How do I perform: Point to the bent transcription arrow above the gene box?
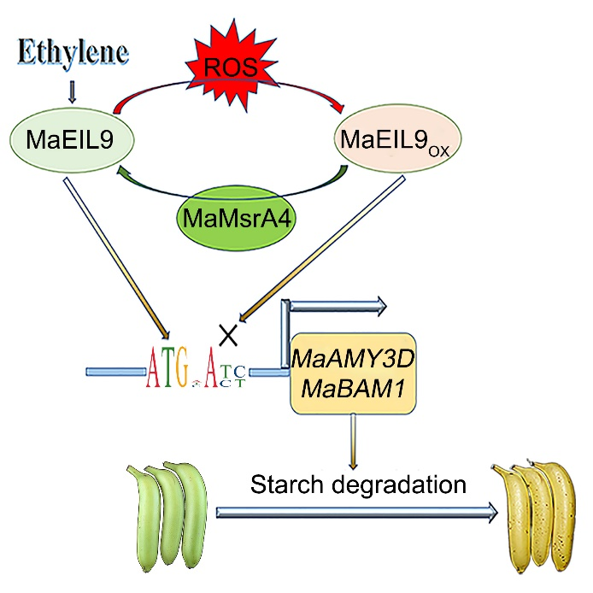[333, 305]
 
